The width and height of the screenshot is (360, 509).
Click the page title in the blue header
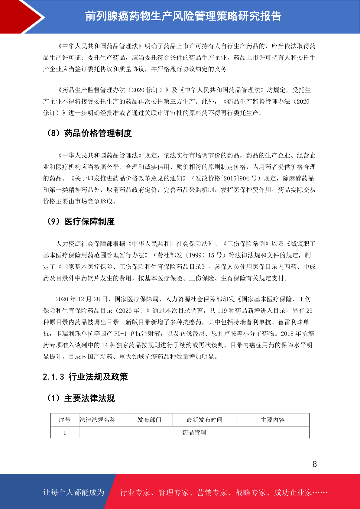click(183, 16)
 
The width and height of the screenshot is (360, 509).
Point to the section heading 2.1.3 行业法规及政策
click(85, 377)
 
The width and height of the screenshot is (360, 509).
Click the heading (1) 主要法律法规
click(81, 398)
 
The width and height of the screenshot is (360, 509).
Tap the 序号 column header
click(65, 420)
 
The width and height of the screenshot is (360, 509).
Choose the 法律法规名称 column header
click(98, 420)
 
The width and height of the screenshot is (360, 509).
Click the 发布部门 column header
click(149, 420)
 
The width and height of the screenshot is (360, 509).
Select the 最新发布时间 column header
click(204, 420)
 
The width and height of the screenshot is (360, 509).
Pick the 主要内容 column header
click(273, 420)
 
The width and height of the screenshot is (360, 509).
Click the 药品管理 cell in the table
click(194, 433)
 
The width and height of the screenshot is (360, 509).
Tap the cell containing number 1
click(65, 433)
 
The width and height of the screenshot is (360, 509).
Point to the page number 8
click(315, 464)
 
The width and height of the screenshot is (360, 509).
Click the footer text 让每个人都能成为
click(74, 492)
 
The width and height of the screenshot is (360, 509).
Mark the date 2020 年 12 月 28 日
click(82, 299)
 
